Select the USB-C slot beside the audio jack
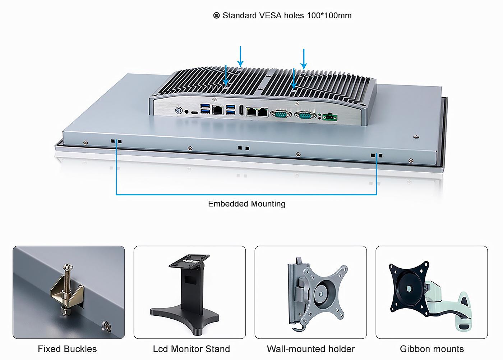click(194, 112)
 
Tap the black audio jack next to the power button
click(186, 111)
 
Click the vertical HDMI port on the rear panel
click(241, 110)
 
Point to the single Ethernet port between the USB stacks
click(218, 110)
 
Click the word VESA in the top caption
click(270, 15)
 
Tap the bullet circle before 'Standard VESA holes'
click(216, 15)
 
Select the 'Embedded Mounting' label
click(246, 204)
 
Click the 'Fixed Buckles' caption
click(67, 349)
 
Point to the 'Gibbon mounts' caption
click(432, 349)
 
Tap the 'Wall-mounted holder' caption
click(311, 349)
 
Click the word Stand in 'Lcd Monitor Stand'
click(218, 349)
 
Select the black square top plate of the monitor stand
click(189, 261)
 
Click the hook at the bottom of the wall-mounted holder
click(297, 328)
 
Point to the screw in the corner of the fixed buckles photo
click(107, 326)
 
